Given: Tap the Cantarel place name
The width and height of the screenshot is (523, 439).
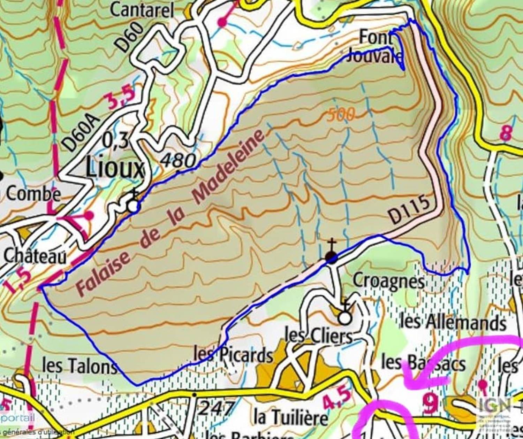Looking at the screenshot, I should (x=142, y=10).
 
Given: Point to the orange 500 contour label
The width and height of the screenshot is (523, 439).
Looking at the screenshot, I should (x=341, y=115).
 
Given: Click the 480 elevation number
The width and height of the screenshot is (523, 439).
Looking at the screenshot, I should (x=179, y=161).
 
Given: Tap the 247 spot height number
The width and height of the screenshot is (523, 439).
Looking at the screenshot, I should (x=215, y=408).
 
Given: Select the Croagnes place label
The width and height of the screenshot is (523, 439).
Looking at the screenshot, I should (x=388, y=281).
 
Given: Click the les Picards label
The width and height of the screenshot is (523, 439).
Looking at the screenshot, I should (x=233, y=355).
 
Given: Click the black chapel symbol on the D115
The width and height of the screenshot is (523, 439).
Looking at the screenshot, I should (x=331, y=257).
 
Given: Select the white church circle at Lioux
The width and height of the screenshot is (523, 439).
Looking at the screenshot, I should (x=133, y=206).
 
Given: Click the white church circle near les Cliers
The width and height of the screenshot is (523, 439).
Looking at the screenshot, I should (x=345, y=318).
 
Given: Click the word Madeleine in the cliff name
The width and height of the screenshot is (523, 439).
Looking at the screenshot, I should (x=228, y=167).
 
